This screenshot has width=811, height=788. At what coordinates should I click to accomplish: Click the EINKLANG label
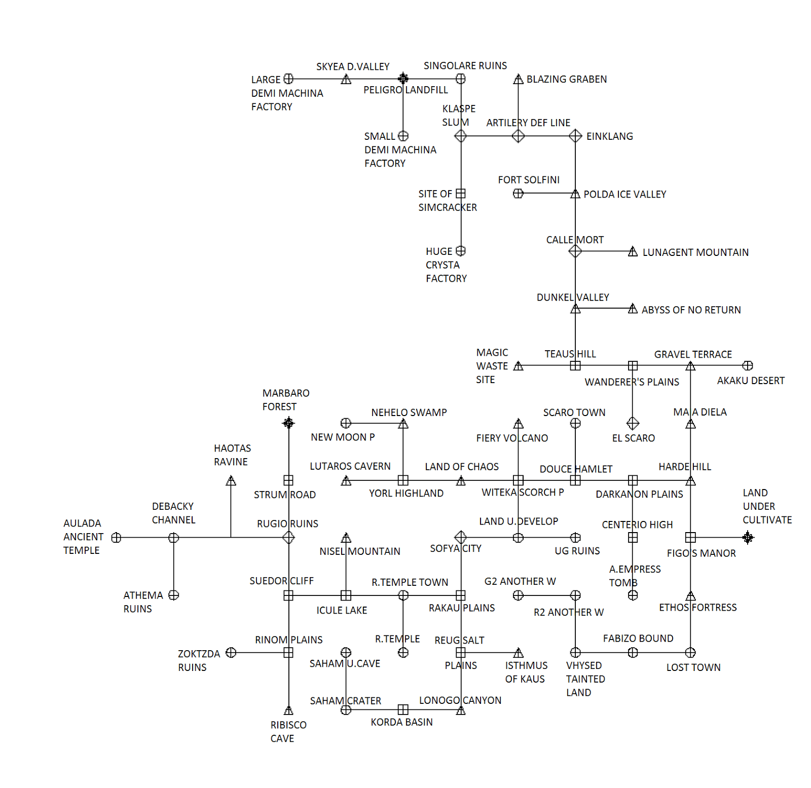pyautogui.click(x=609, y=136)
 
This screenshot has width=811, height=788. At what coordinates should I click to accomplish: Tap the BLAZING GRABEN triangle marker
pyautogui.click(x=518, y=79)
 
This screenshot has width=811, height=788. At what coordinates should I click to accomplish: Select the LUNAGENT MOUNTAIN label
pyautogui.click(x=695, y=252)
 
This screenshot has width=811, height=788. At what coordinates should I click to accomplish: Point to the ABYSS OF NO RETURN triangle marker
pyautogui.click(x=633, y=309)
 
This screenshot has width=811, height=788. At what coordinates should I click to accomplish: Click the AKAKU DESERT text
pyautogui.click(x=750, y=381)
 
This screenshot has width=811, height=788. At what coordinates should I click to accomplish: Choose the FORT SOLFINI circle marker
pyautogui.click(x=518, y=194)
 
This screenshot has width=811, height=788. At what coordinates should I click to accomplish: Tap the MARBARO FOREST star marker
pyautogui.click(x=288, y=423)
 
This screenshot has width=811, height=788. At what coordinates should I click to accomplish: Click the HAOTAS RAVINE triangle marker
pyautogui.click(x=231, y=480)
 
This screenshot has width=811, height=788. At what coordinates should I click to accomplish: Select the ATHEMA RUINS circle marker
pyautogui.click(x=174, y=595)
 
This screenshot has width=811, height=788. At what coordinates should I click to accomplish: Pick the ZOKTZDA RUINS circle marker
pyautogui.click(x=231, y=653)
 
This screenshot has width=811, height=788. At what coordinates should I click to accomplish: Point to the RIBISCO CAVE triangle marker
pyautogui.click(x=288, y=710)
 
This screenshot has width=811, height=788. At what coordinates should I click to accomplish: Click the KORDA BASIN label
pyautogui.click(x=401, y=722)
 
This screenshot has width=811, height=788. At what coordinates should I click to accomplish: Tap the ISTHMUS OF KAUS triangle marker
pyautogui.click(x=518, y=653)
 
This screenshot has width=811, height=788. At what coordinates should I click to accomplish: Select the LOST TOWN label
pyautogui.click(x=693, y=667)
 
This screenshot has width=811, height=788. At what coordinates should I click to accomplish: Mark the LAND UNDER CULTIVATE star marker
pyautogui.click(x=748, y=538)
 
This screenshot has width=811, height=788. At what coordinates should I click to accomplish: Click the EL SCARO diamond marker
pyautogui.click(x=633, y=423)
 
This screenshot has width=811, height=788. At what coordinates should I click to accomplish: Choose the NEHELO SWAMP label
pyautogui.click(x=409, y=412)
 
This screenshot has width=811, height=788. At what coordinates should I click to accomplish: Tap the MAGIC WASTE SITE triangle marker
pyautogui.click(x=518, y=366)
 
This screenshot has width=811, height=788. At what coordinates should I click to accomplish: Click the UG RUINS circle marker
pyautogui.click(x=575, y=538)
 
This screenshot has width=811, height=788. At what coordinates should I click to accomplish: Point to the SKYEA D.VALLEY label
pyautogui.click(x=352, y=67)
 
